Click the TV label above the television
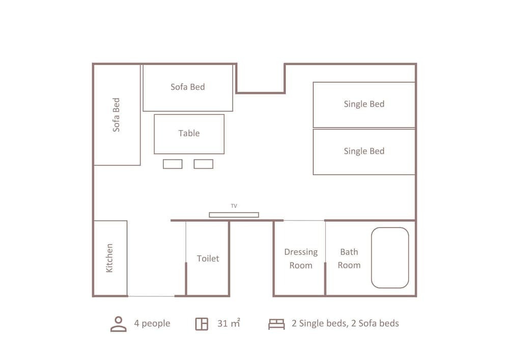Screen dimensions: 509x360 (x=234, y=206)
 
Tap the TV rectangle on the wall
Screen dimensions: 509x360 (x=234, y=214)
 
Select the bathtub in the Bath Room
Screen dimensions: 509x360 (x=390, y=258)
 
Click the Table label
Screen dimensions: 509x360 (x=189, y=133)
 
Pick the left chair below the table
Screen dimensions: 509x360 (x=173, y=164)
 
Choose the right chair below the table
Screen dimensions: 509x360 (x=204, y=164)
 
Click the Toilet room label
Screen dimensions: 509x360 (x=208, y=258)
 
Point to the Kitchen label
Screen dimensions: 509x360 (x=109, y=258)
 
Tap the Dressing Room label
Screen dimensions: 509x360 (x=301, y=259)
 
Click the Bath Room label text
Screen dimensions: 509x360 (x=349, y=259)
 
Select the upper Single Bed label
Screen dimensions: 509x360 (x=364, y=104)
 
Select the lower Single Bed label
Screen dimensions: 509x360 (x=364, y=151)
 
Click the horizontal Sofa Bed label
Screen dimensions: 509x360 (x=188, y=87)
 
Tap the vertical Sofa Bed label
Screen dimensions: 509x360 (x=116, y=115)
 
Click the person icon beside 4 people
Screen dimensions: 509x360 (x=119, y=324)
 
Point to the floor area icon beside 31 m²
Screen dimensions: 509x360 (x=202, y=324)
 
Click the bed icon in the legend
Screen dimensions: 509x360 (x=276, y=324)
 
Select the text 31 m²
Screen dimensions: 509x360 (x=229, y=323)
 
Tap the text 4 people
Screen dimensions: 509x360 (x=152, y=323)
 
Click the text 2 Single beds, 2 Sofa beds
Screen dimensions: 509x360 (x=346, y=323)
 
